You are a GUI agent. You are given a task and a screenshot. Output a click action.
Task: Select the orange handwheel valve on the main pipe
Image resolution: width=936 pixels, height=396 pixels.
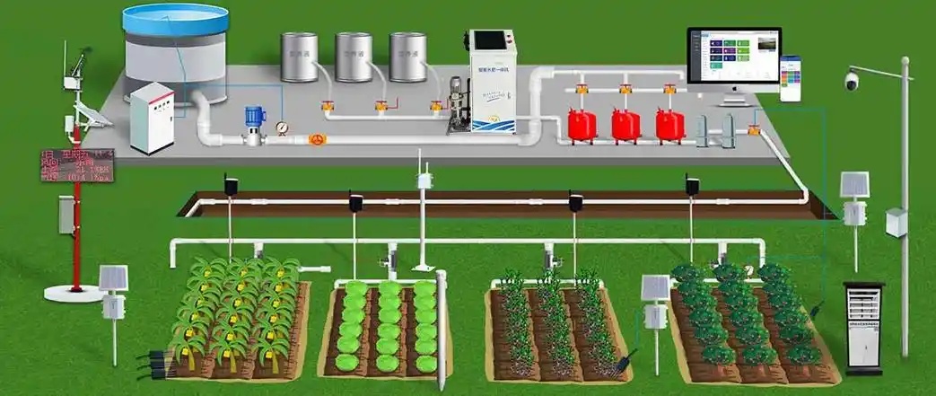click(315, 140)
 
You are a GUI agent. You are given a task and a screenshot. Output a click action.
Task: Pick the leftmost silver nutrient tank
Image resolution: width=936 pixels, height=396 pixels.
click(299, 57)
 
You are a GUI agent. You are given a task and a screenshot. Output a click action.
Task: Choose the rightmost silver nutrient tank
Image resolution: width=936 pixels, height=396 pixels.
click(407, 57)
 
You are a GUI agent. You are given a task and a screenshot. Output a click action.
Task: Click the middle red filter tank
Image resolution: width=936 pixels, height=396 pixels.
click(625, 125)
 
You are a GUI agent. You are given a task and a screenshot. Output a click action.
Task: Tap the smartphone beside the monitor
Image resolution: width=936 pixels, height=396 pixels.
click(790, 78)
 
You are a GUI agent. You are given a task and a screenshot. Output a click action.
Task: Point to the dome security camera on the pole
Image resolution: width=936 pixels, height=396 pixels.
click(851, 82)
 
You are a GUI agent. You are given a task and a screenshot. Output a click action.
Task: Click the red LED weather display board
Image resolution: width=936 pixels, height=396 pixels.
click(76, 165)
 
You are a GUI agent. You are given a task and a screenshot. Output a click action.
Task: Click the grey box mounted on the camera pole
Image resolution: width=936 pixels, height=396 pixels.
click(896, 222)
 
